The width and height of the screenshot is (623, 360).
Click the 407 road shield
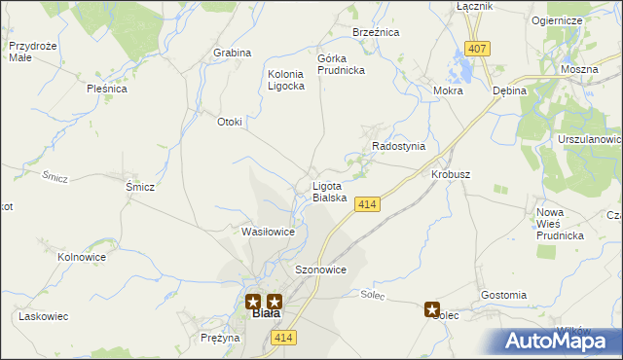[x=476, y=49]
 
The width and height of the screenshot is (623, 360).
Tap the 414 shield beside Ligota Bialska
[x=366, y=204]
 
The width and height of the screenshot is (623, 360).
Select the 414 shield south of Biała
[x=283, y=337]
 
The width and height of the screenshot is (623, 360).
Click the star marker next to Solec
[x=432, y=309]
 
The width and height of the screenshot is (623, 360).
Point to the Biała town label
[x=265, y=314]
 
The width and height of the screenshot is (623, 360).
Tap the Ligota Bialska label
[x=329, y=192]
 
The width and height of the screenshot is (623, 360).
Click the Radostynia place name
[x=399, y=146]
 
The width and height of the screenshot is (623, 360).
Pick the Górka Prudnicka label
[x=340, y=64]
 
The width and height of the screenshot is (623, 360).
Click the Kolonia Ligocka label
[x=286, y=80]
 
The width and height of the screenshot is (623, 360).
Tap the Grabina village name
[x=232, y=53]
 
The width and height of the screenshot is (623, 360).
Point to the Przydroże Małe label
[x=30, y=52]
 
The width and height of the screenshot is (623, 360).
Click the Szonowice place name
[x=320, y=270]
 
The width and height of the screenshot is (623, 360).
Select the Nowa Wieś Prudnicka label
[x=560, y=223]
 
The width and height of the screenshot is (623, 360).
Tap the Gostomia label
[x=503, y=295]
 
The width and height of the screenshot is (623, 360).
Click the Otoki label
[x=229, y=122]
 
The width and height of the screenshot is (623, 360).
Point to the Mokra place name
[x=448, y=90]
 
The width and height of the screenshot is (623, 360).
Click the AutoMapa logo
[x=560, y=341]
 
